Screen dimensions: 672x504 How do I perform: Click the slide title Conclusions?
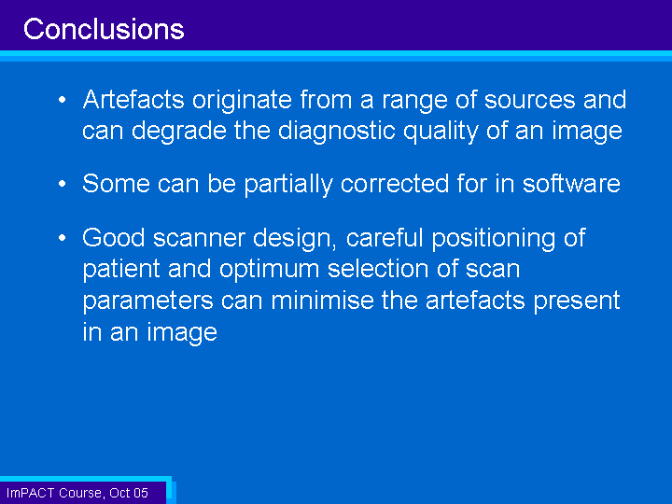[x=104, y=29]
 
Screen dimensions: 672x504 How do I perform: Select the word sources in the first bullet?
[x=529, y=100]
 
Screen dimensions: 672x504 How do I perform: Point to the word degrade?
[x=179, y=132]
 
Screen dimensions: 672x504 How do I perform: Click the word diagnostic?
[x=336, y=132]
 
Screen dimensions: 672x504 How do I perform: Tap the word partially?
[x=288, y=185]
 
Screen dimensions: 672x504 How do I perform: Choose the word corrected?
[x=395, y=184]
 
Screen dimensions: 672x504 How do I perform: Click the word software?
[x=571, y=184]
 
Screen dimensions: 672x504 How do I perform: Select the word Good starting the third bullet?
[x=114, y=238]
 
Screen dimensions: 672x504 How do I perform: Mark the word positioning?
[x=494, y=239]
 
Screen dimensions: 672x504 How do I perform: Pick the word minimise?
[x=323, y=300]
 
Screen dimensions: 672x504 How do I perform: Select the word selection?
[x=378, y=269]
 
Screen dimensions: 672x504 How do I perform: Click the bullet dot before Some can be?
[x=63, y=184]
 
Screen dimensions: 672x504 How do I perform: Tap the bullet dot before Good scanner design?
[x=63, y=238]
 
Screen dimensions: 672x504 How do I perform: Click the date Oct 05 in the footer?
[x=129, y=493]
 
